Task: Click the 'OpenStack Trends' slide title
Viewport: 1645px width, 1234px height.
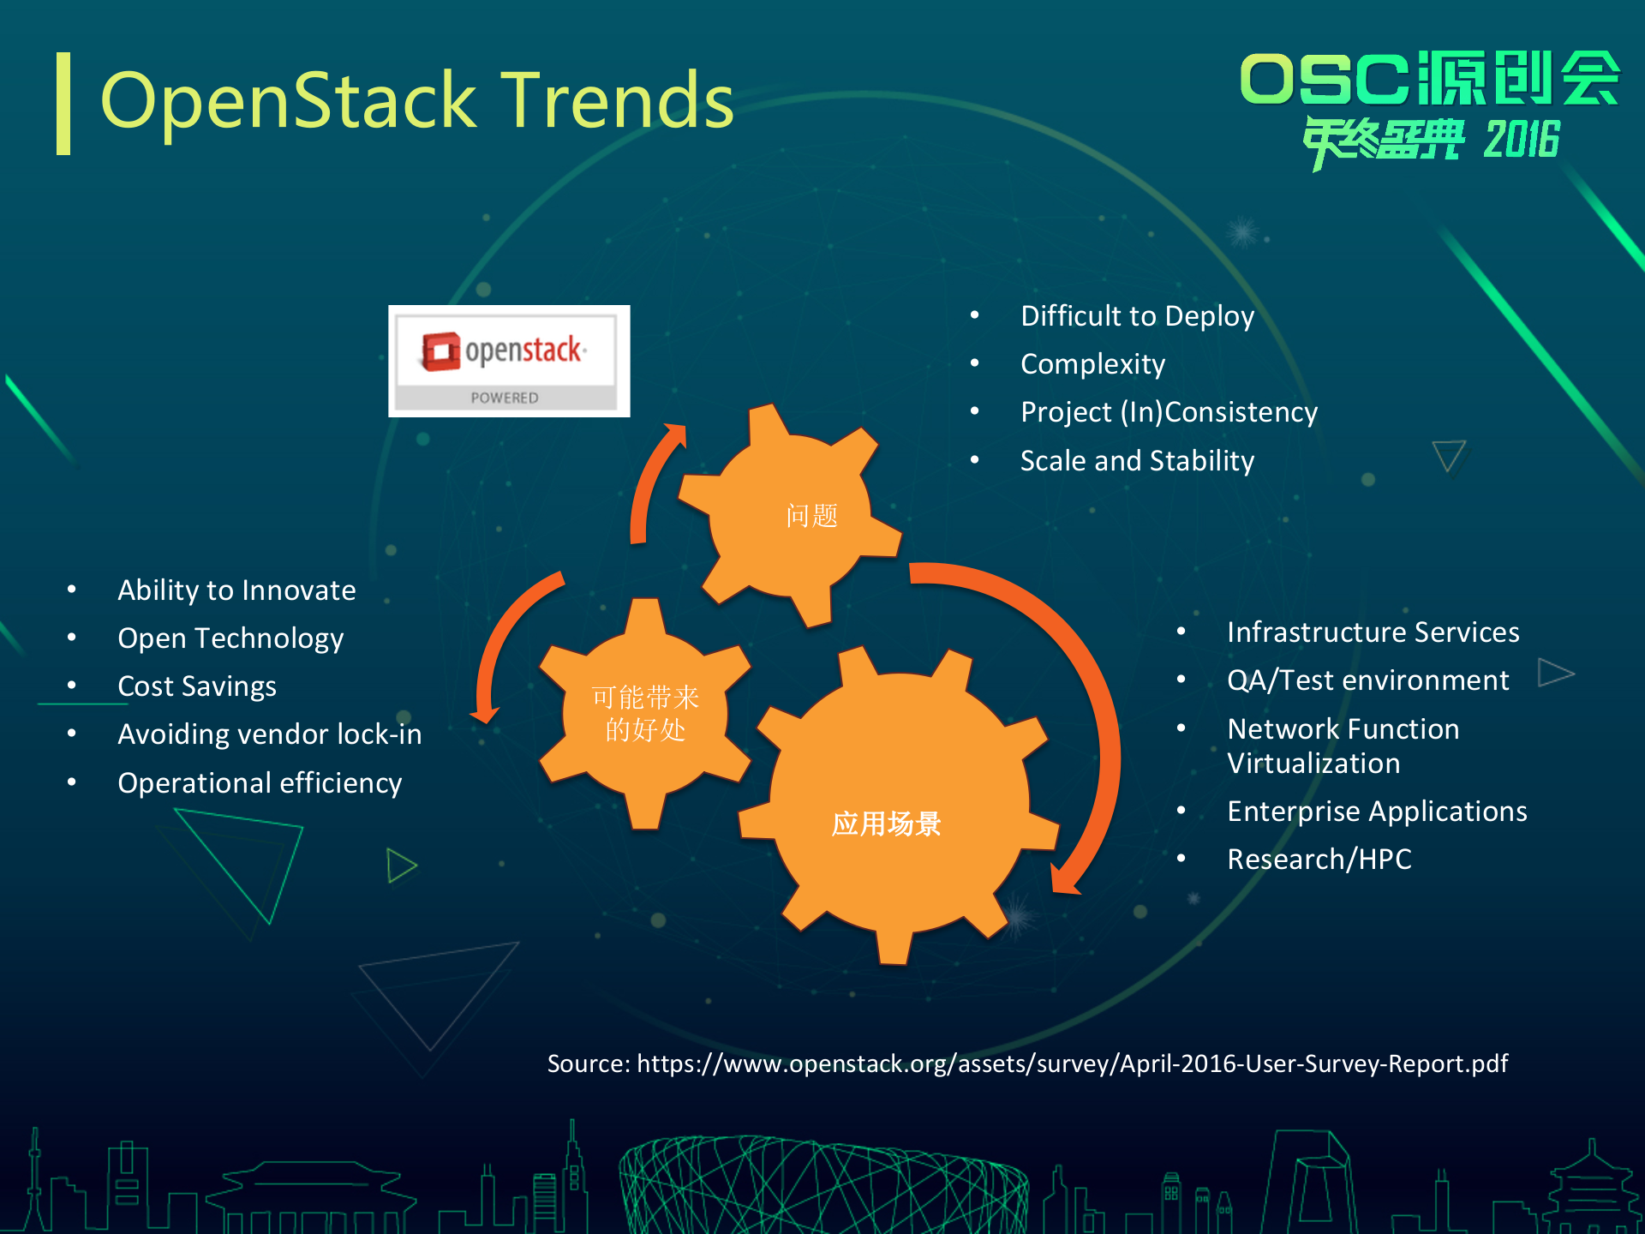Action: [x=417, y=101]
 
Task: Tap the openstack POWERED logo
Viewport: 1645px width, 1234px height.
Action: [x=509, y=361]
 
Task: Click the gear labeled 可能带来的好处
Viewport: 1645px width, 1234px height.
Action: [x=644, y=713]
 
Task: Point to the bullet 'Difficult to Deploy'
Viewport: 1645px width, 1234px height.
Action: [x=1137, y=316]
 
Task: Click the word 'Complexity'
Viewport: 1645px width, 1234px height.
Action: [x=1092, y=364]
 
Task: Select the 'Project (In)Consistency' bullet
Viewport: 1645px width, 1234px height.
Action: [x=1169, y=412]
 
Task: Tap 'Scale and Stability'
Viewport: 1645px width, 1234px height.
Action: [x=1137, y=461]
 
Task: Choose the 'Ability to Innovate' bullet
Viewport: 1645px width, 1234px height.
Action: [x=236, y=590]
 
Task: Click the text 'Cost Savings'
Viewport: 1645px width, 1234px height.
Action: [x=197, y=686]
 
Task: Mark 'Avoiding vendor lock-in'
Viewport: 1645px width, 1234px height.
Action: [x=269, y=734]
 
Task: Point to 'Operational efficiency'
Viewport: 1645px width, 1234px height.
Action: [x=260, y=783]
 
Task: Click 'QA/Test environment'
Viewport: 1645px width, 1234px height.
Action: [x=1367, y=680]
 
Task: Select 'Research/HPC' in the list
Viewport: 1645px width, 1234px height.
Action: [x=1319, y=860]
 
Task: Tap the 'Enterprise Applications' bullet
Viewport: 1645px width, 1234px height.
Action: [x=1377, y=812]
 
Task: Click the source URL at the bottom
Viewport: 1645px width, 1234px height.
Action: [x=1027, y=1063]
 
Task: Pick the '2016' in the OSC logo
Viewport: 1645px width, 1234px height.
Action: [x=1522, y=140]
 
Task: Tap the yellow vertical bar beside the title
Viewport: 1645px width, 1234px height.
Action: [x=63, y=104]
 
